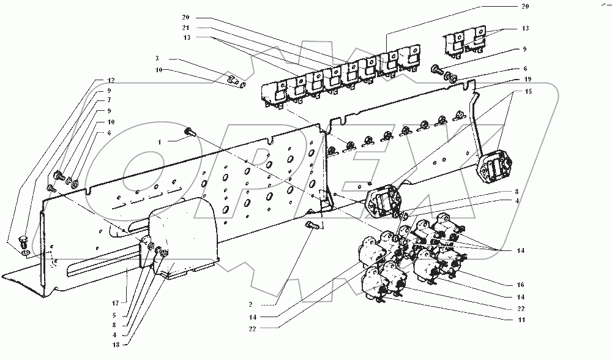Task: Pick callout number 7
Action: click(109, 100)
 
